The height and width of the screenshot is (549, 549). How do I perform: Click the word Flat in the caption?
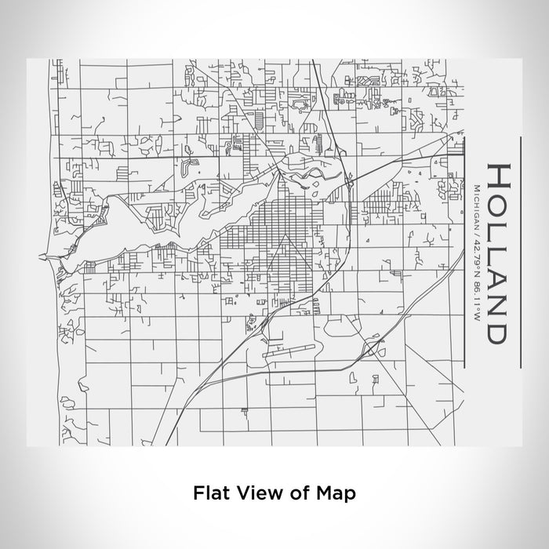tap(209, 493)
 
